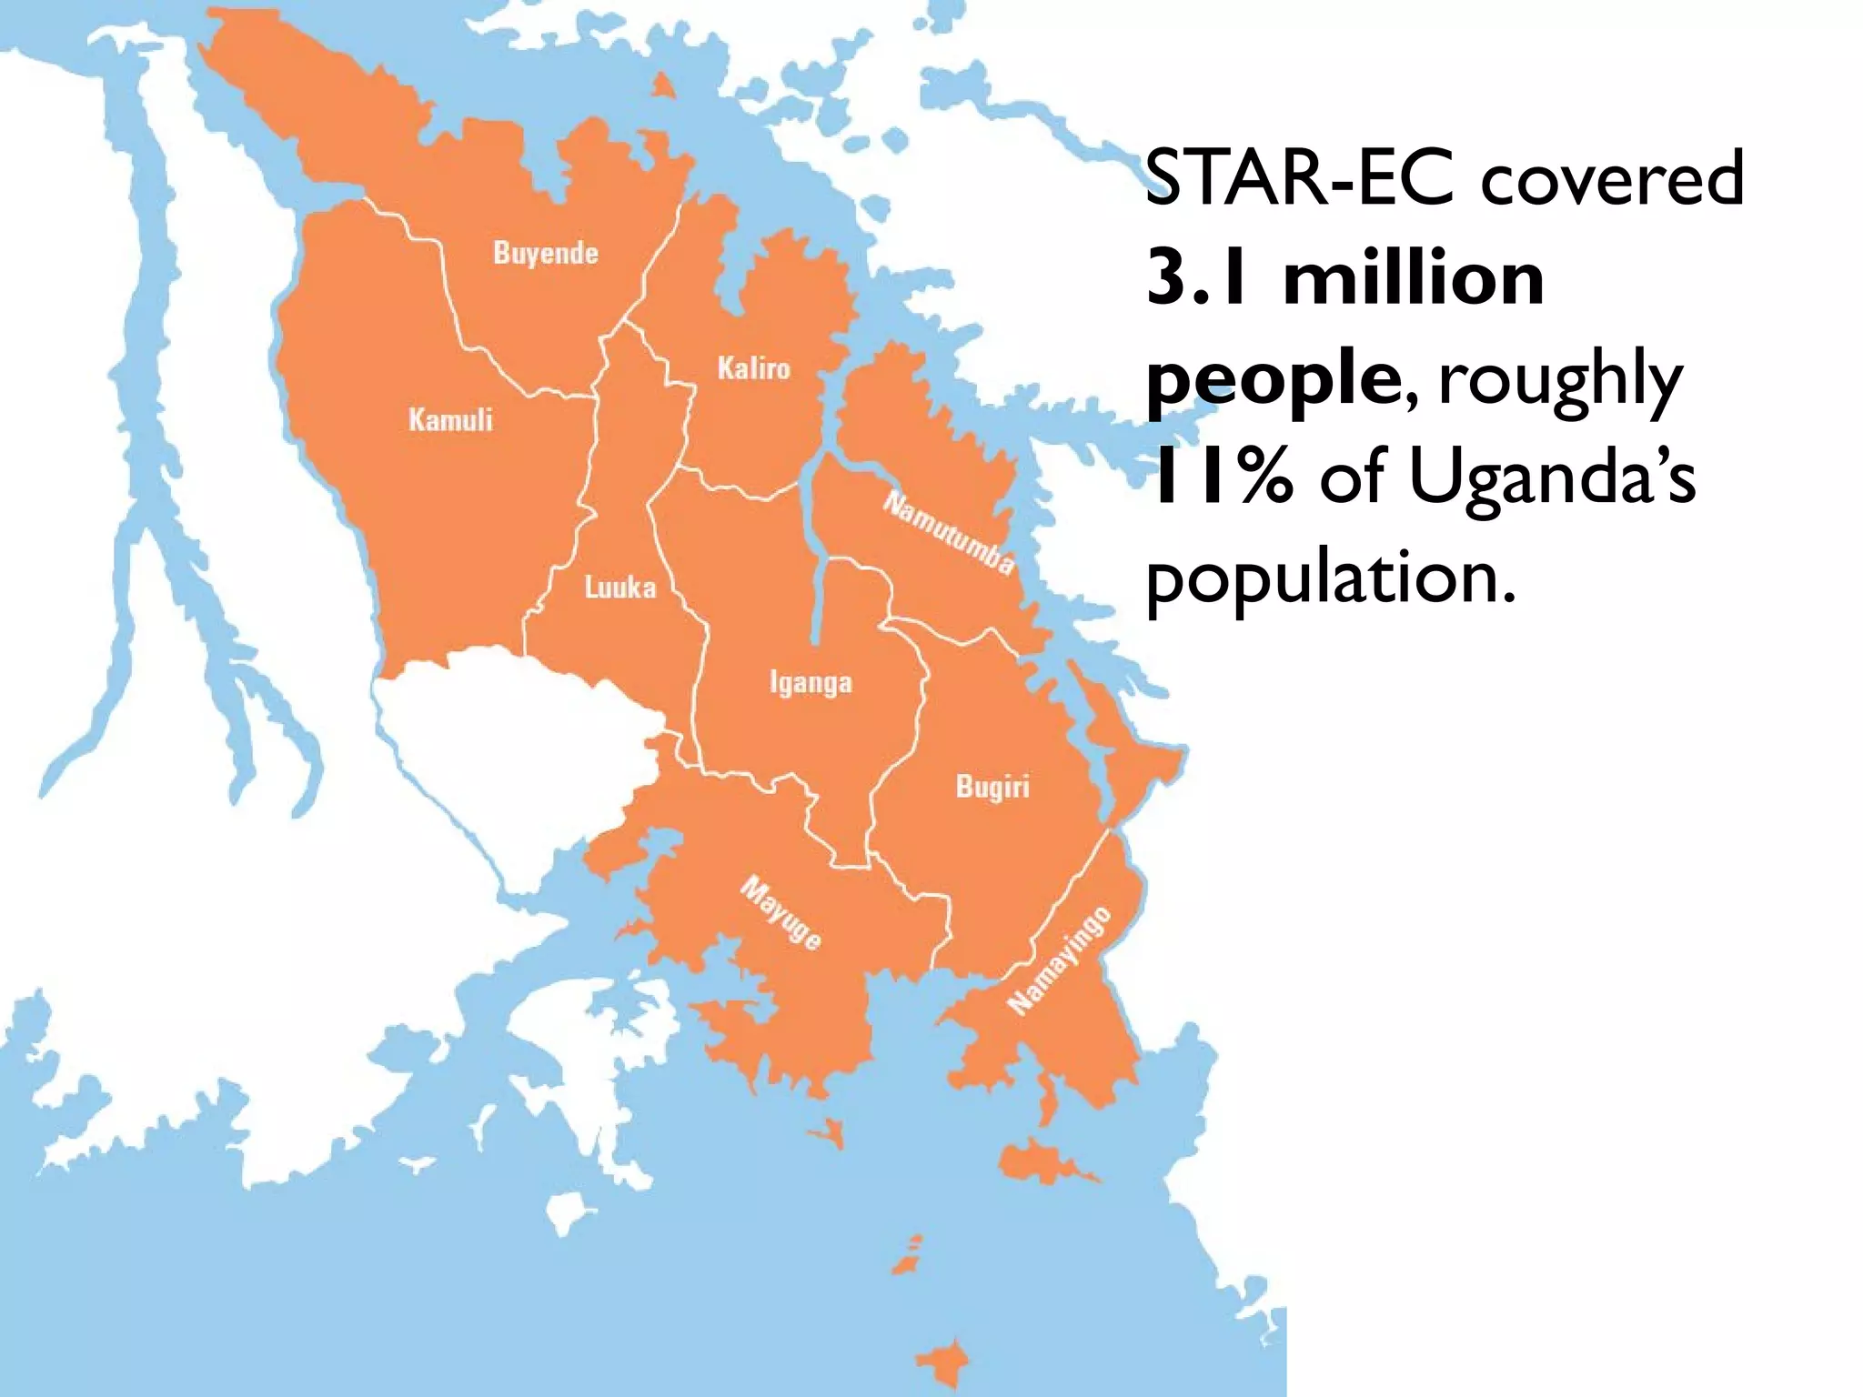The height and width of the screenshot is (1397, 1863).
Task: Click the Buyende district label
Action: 546,252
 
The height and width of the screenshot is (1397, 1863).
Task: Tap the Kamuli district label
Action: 450,419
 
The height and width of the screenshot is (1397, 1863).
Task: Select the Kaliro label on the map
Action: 753,368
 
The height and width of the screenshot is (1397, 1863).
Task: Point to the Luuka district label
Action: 619,588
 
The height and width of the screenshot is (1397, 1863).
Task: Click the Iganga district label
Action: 811,682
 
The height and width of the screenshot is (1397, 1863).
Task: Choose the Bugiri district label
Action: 992,787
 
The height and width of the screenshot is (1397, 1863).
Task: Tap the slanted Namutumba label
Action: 949,533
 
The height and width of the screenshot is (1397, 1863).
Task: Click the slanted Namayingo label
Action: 1060,960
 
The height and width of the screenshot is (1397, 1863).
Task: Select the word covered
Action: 1612,179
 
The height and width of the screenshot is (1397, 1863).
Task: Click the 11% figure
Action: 1219,478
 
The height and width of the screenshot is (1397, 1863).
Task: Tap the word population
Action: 1330,579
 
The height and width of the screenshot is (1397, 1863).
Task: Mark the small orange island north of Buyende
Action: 665,86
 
